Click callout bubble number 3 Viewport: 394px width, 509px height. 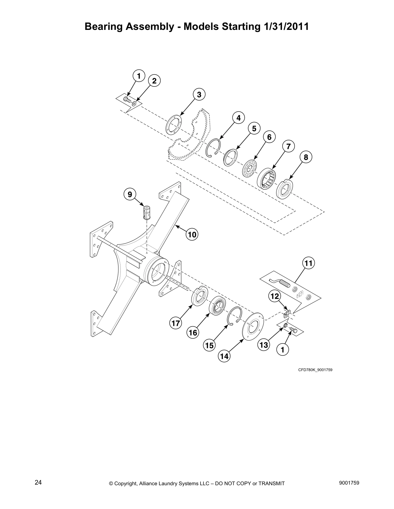(x=199, y=94)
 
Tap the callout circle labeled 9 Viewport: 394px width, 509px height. (x=130, y=194)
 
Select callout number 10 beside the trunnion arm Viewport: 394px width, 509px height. (x=192, y=235)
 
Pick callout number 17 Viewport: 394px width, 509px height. (x=176, y=323)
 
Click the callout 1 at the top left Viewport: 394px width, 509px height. (x=139, y=76)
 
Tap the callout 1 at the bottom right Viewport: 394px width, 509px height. (x=283, y=350)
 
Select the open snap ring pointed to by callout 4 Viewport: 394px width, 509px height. (x=213, y=147)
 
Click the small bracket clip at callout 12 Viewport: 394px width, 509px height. (x=287, y=313)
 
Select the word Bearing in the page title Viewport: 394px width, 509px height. (x=105, y=27)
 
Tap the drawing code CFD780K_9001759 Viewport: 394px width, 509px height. (x=315, y=370)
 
